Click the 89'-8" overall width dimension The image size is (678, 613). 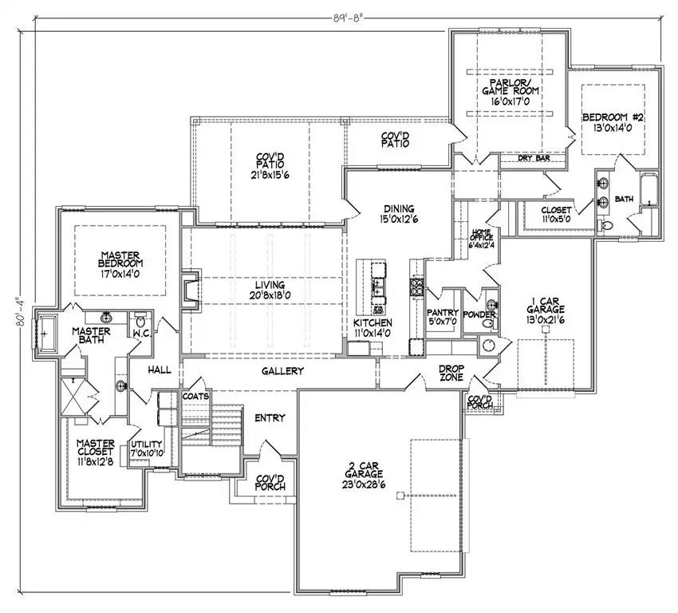(338, 14)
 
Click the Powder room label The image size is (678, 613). (479, 314)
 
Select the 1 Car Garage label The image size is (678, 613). (546, 311)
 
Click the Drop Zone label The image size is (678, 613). (453, 373)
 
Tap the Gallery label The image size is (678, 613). (282, 372)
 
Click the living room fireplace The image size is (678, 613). (188, 291)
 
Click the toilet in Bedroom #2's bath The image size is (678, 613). (605, 227)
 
